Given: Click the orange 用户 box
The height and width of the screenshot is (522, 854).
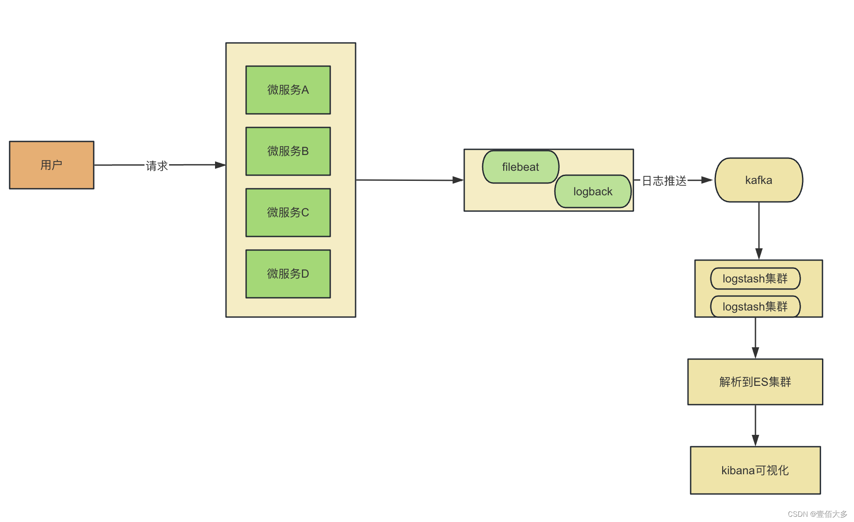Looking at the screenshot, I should pos(52,165).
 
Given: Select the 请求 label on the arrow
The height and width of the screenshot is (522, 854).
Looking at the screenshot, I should pos(157,166).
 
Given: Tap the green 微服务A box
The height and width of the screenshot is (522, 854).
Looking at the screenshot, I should pos(288,90).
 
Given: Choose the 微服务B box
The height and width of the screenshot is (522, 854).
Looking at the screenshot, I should pos(288,151).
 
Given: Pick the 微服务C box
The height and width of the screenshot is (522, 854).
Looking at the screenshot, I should pos(288,212).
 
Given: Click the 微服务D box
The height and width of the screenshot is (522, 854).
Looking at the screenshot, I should pos(288,274).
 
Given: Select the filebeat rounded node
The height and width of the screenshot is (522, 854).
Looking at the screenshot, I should pos(520,167).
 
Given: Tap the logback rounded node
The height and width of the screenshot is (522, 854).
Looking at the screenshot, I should pos(593,191).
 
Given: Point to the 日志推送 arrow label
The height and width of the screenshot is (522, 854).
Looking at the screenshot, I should pos(664,180).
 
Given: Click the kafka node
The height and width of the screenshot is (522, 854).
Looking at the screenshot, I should pos(759,180).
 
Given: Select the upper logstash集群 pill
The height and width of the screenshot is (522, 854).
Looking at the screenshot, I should pos(755,279).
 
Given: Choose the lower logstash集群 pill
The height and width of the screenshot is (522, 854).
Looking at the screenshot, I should pos(755,307).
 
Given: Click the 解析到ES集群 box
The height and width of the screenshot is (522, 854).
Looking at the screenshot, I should pos(755,382).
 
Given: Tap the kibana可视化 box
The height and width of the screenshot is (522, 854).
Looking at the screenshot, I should pos(755,470).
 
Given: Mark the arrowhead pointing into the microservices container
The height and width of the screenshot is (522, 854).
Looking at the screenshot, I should pos(220,165).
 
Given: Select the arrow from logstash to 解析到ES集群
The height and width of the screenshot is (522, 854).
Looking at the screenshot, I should pos(755,337).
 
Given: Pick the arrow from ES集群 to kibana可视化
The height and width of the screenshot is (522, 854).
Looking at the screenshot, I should pos(755,425).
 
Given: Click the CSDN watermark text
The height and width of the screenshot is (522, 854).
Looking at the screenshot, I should pos(817,514).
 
